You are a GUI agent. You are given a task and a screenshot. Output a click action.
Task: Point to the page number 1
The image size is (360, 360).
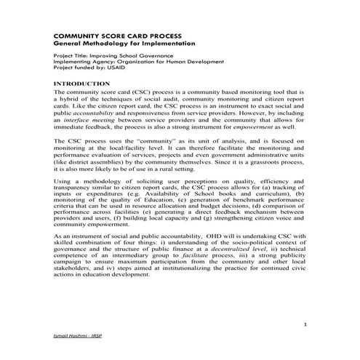point(306,324)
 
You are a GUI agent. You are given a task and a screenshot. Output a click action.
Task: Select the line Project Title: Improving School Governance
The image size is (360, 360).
point(109,56)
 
